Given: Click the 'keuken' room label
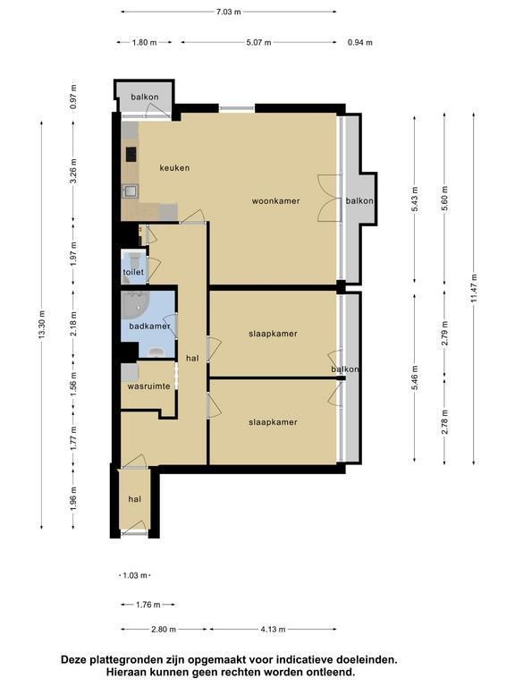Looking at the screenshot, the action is pos(174,168).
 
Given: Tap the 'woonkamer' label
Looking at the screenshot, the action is pos(276,201).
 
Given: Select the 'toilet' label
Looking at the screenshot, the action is pos(133,272).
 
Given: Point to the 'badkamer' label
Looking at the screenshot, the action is pos(149,327).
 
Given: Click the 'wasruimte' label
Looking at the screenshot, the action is pos(149,386).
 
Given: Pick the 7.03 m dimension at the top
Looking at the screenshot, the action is pos(229,12).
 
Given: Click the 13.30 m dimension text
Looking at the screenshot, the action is pos(42,324).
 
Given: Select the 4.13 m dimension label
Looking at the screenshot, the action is pos(273,630).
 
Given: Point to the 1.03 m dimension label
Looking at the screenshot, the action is pos(135,575).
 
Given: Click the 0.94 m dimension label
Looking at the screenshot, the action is pos(360,43).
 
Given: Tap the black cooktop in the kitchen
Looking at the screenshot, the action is pos(131,154).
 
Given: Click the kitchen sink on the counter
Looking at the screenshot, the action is pos(130,191).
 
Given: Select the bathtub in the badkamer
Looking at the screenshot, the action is pos(135,305).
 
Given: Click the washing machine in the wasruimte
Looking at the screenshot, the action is pos(130,372).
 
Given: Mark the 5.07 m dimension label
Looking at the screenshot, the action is pos(258,43).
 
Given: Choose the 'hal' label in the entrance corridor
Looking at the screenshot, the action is pos(135,499).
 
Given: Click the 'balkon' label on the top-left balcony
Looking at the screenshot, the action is pos(145,97).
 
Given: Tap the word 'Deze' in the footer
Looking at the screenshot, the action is pos(72,659).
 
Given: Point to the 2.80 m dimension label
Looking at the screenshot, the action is pos(164,630).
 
